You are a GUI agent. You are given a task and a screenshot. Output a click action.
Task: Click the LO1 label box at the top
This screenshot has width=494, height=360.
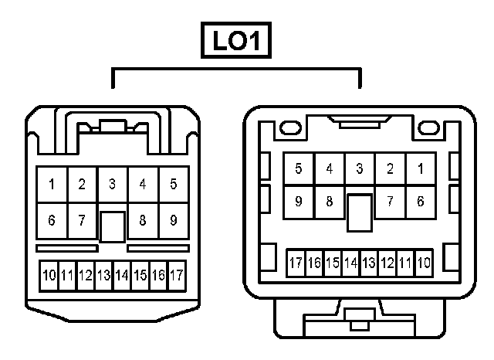(237, 41)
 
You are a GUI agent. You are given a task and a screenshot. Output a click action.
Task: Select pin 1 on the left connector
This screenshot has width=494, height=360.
(52, 185)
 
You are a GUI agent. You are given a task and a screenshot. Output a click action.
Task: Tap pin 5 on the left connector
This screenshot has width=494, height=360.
(173, 185)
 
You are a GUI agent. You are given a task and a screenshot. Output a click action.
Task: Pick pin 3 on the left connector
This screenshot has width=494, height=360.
(113, 185)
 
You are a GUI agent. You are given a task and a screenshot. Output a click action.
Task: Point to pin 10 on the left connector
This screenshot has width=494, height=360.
(49, 275)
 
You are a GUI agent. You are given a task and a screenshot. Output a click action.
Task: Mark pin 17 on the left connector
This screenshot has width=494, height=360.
(176, 275)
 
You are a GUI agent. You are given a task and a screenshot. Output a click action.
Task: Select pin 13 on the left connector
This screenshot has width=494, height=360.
(103, 275)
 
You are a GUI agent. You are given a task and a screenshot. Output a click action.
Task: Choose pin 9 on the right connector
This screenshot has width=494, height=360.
(299, 202)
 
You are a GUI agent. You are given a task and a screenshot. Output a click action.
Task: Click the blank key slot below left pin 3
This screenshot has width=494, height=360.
(113, 226)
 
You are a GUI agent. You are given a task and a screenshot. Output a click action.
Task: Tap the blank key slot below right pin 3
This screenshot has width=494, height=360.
(360, 212)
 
